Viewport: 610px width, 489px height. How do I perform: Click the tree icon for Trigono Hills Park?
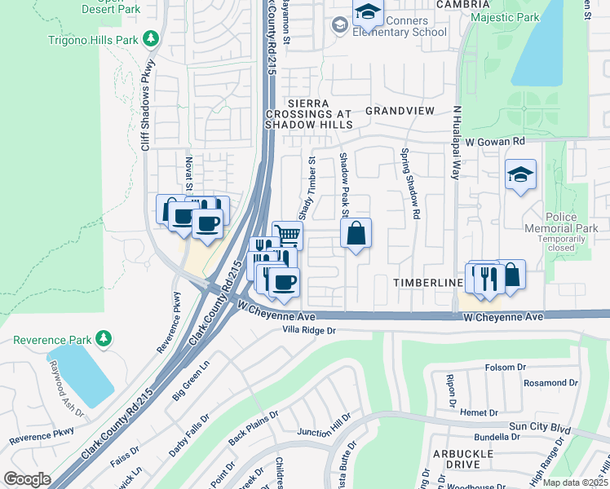pos(150,37)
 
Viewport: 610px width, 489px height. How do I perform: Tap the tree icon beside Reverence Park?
pos(103,337)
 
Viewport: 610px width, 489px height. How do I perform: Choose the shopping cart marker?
pos(287,235)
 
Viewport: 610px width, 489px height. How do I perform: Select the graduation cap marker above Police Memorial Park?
pos(520,174)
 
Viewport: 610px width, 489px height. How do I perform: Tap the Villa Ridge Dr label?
pos(309,330)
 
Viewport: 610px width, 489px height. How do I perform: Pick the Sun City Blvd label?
pos(539,426)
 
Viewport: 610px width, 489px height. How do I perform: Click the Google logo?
pos(27,479)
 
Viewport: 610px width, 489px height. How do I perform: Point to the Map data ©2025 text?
pos(575,482)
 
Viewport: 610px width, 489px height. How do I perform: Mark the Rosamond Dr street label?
pos(550,382)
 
